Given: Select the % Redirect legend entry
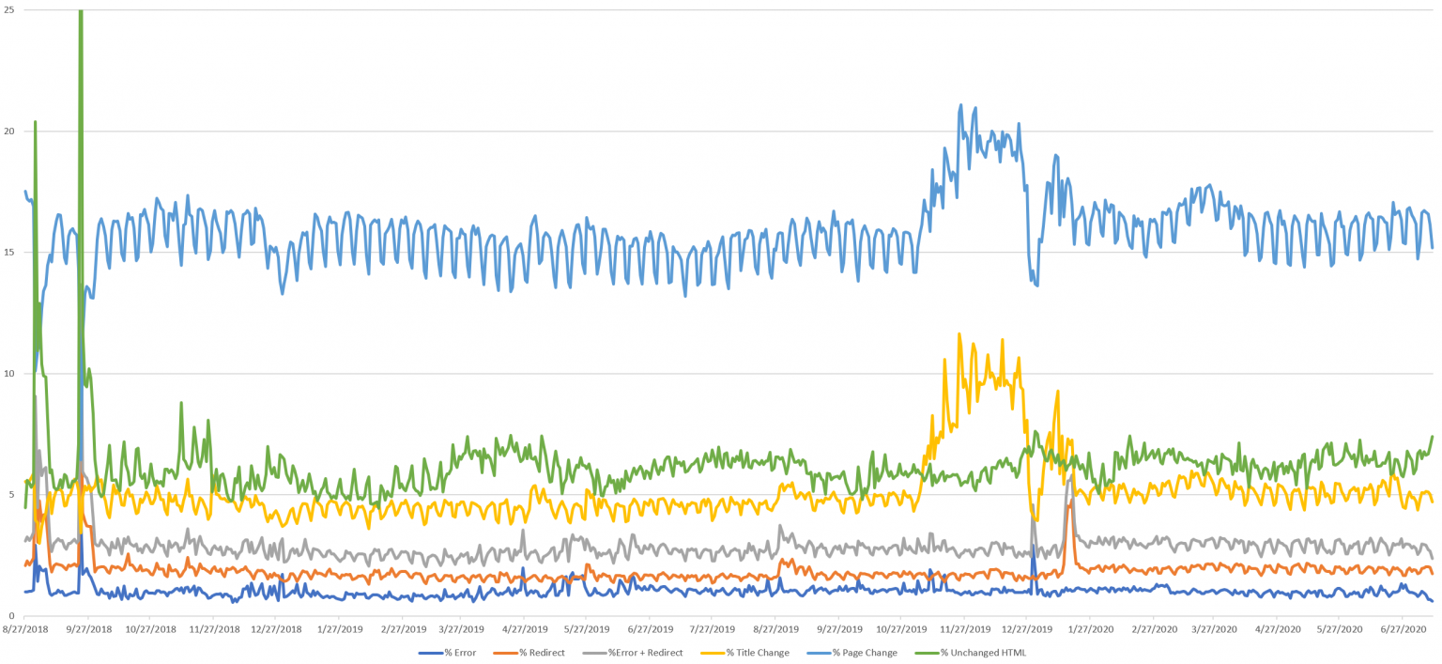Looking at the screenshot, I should (x=542, y=652).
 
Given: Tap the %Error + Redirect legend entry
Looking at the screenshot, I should (x=645, y=652).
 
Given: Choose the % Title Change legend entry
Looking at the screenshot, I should (x=758, y=652).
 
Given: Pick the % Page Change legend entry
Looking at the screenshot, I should (x=865, y=652).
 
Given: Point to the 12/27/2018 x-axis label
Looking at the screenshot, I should (x=277, y=628).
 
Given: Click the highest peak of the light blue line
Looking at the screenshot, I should (x=960, y=104).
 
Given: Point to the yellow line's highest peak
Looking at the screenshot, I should (x=959, y=333).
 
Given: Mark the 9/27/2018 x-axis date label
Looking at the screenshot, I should (x=88, y=628).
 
